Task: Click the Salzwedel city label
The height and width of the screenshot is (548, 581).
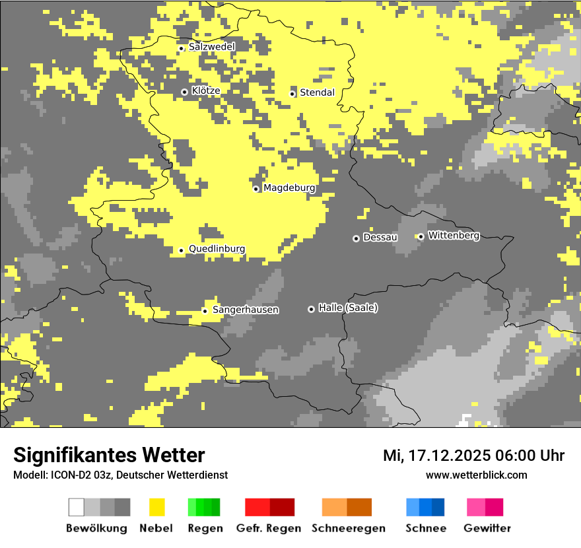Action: [x=211, y=47]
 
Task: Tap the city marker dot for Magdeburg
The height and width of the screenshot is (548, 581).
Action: [x=256, y=189]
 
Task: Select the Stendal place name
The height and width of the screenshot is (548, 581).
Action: [x=317, y=93]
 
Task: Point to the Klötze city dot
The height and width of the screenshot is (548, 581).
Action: [x=184, y=92]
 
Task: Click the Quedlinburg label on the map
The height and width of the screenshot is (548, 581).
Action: [x=217, y=249]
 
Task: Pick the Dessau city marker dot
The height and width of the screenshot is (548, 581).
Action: [x=356, y=238]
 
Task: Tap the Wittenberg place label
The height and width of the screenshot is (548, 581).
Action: [x=454, y=236]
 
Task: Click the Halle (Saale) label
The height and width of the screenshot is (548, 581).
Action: [x=348, y=308]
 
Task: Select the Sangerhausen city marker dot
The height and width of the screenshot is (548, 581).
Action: [x=205, y=311]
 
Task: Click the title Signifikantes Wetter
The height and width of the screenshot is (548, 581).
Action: [x=109, y=456]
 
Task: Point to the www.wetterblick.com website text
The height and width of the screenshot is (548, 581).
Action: [x=476, y=475]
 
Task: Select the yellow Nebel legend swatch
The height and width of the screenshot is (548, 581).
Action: [x=156, y=507]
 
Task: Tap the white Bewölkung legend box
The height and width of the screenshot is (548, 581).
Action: [x=77, y=507]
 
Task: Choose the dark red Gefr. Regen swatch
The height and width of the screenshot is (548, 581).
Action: [x=282, y=507]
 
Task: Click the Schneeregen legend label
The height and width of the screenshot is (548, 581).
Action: [x=348, y=528]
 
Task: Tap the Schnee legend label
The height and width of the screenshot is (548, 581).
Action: [x=425, y=528]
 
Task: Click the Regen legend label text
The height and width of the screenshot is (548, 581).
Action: [x=205, y=528]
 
